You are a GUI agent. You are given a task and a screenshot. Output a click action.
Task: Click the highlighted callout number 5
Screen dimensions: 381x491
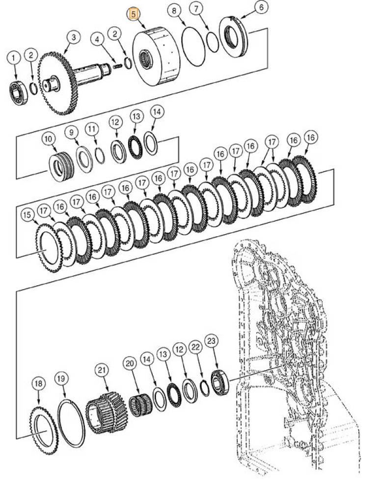[134, 14]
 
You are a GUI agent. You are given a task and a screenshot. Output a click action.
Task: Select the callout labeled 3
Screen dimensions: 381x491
[74, 38]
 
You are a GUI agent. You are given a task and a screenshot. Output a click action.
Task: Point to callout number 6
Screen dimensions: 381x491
[262, 7]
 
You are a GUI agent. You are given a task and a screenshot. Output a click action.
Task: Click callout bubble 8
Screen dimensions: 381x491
[174, 11]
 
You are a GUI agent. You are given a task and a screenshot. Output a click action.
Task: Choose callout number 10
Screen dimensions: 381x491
[49, 139]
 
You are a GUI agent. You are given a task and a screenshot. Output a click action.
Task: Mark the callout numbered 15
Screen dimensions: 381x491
[27, 215]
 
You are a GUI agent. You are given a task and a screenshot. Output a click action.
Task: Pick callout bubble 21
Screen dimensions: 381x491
[101, 370]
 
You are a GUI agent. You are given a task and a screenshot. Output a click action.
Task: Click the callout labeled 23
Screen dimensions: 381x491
[211, 341]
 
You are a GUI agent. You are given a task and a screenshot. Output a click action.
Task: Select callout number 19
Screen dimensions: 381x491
[61, 379]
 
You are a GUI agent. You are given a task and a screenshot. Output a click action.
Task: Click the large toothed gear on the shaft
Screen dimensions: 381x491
[58, 83]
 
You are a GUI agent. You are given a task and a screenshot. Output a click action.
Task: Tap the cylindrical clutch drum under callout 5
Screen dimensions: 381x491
[156, 56]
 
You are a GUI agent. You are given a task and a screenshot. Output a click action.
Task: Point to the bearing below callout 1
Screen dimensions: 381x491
[18, 93]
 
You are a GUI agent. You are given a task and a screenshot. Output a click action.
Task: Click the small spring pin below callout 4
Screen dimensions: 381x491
[117, 67]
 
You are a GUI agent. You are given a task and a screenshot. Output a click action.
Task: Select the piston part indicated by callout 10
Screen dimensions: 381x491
[61, 166]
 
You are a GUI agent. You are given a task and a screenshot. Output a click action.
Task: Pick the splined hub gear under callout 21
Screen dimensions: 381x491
[106, 413]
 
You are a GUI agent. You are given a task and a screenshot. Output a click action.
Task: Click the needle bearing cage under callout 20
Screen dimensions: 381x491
[140, 406]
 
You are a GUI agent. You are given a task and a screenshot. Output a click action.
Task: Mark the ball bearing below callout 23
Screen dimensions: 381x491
[220, 383]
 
